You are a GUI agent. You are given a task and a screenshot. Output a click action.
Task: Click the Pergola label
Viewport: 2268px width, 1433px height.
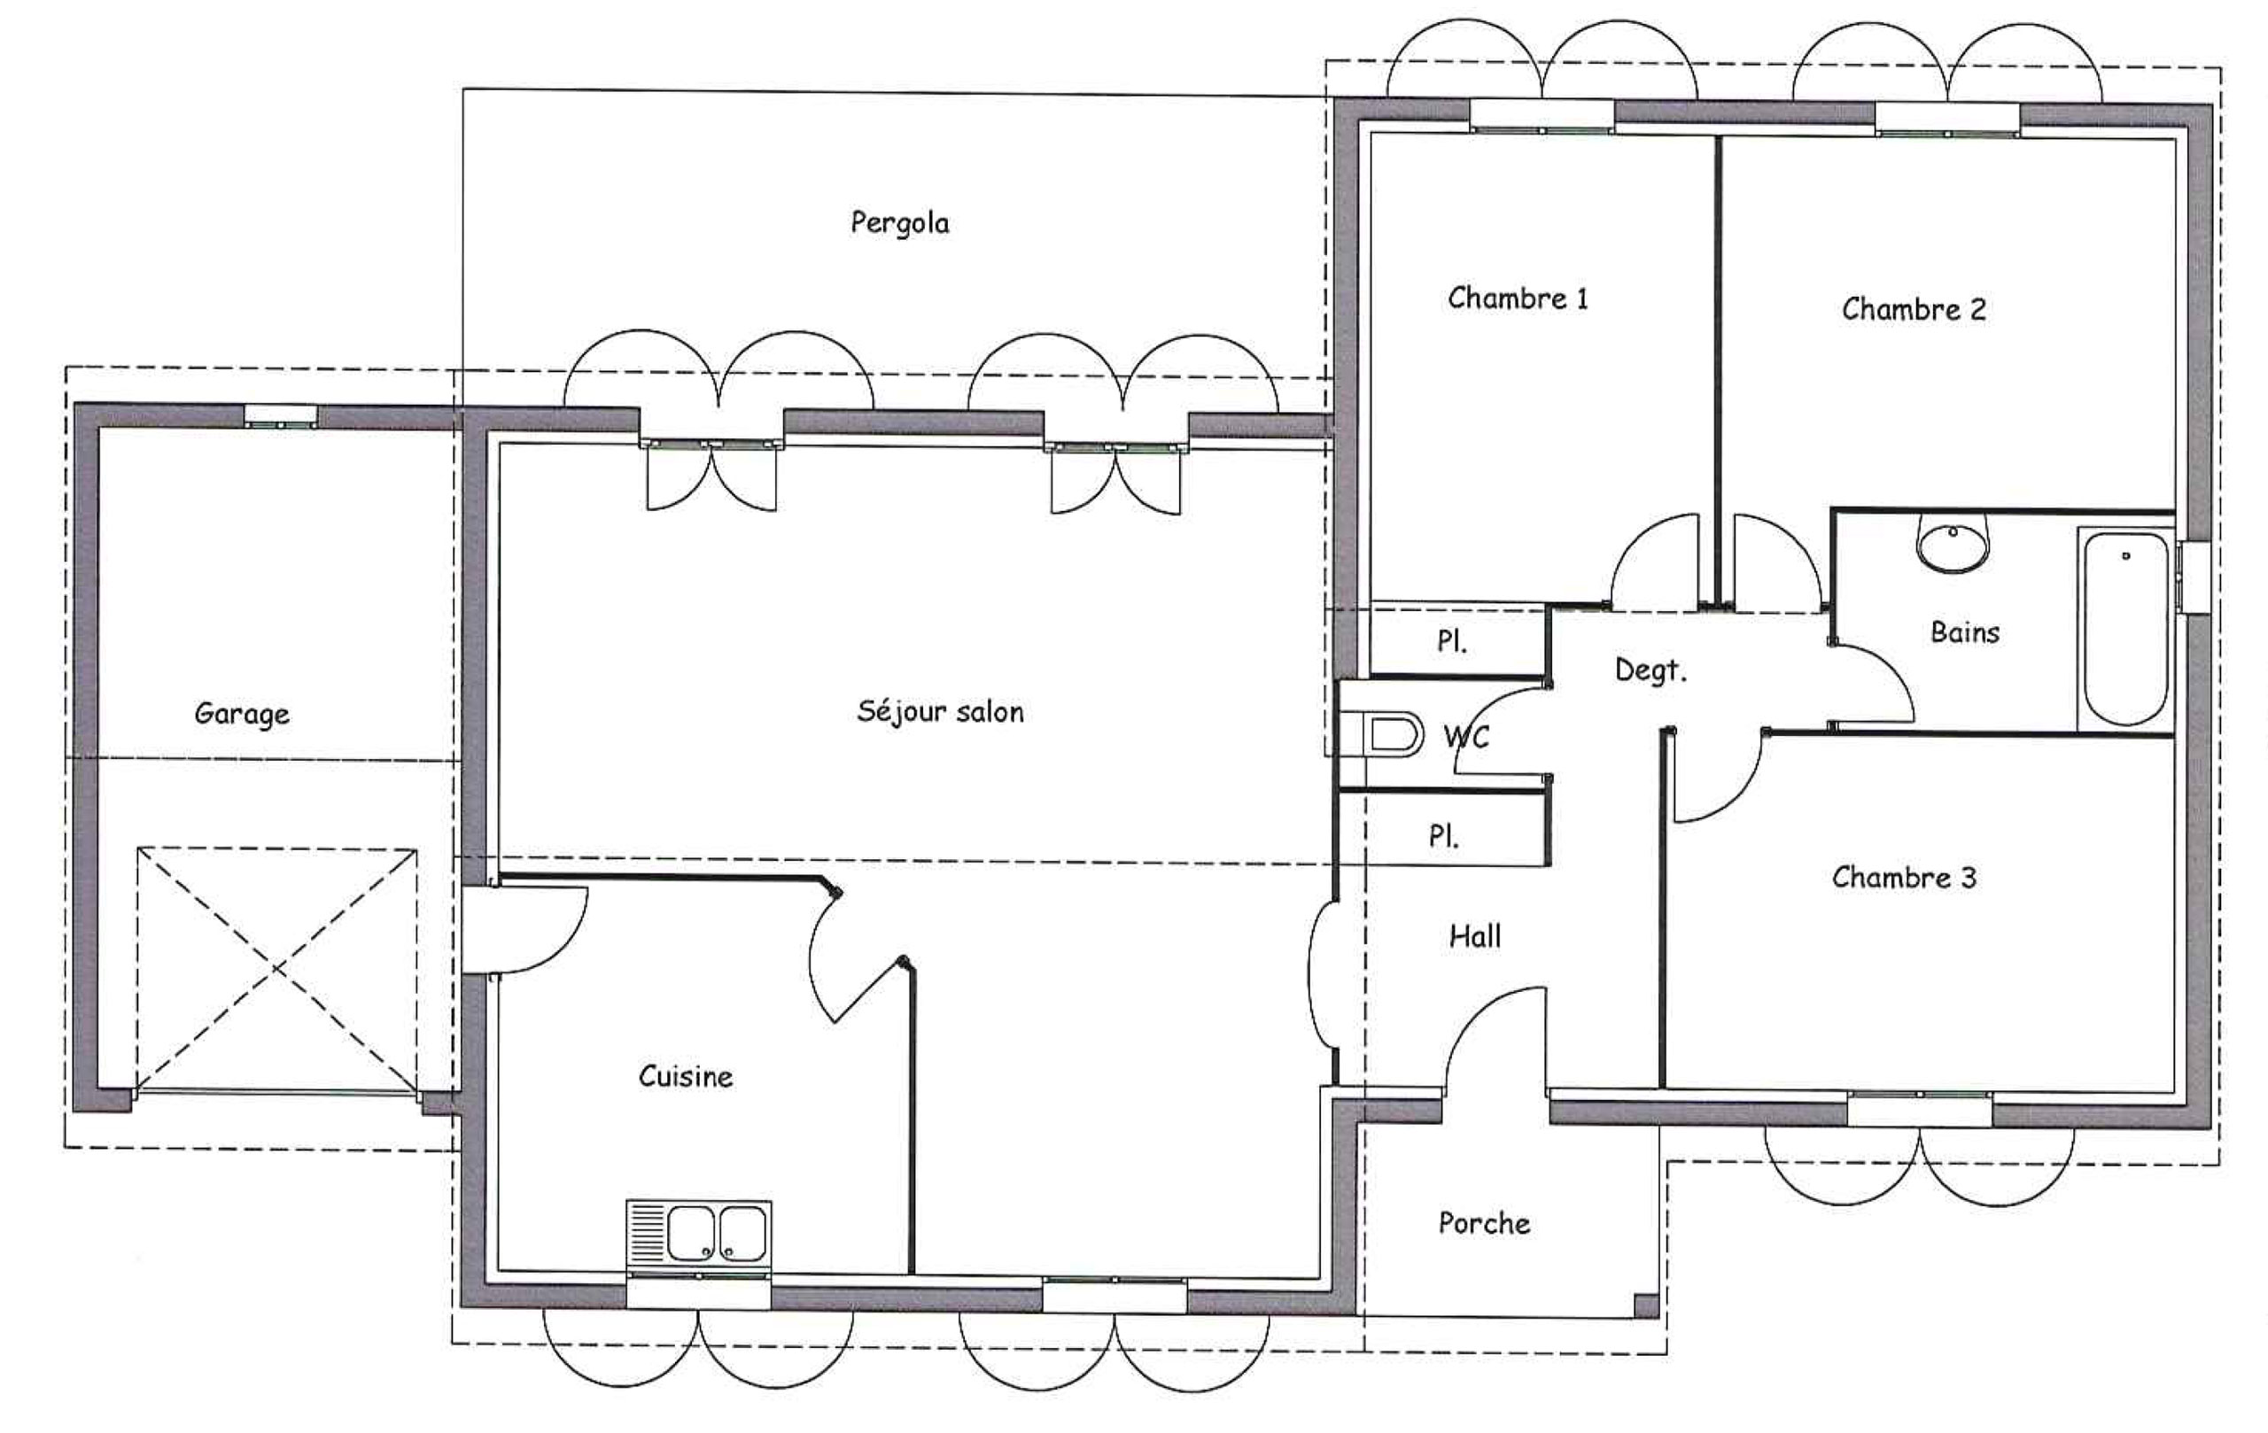[899, 224]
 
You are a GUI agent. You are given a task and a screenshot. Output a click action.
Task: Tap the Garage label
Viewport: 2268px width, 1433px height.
[242, 714]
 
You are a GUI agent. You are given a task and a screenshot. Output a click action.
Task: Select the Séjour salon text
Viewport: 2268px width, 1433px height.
[940, 711]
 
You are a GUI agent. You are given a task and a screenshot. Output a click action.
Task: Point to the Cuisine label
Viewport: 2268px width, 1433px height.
[686, 1075]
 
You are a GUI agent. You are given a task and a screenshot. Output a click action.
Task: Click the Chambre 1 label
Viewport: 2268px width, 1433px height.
[1518, 298]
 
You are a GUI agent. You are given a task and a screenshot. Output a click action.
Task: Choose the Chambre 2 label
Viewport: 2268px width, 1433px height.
[1913, 309]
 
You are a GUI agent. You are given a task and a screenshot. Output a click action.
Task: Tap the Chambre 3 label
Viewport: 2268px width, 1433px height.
[1904, 878]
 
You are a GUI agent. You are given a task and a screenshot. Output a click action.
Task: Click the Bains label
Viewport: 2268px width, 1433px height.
[1965, 631]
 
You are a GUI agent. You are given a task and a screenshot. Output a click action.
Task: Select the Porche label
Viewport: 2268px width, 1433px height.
[1483, 1223]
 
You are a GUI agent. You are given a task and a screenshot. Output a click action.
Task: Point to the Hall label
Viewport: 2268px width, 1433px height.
[1475, 936]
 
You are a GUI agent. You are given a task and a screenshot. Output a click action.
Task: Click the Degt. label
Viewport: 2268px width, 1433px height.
[1651, 670]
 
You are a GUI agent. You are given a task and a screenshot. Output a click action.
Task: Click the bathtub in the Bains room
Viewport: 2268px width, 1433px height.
[2125, 628]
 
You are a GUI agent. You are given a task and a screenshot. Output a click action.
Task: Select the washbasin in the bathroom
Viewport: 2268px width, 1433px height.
[1953, 544]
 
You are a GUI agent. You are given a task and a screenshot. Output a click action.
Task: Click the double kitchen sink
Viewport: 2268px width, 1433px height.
[699, 1233]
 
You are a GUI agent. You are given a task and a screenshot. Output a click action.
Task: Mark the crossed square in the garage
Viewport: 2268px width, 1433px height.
[277, 969]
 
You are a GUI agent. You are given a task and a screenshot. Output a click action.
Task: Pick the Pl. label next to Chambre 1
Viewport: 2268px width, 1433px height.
[1451, 641]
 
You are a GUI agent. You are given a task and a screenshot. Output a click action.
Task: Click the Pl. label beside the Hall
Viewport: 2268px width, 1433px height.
[1444, 835]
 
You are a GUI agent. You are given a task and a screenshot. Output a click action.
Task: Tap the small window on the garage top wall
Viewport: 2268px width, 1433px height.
[281, 416]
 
